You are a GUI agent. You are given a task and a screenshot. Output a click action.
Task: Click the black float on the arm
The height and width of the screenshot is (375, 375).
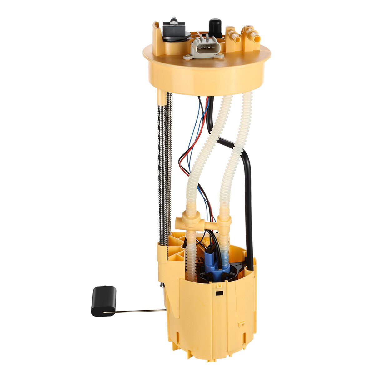pos(103,301)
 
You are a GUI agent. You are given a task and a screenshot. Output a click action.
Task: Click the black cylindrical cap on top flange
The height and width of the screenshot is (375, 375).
pos(215,27)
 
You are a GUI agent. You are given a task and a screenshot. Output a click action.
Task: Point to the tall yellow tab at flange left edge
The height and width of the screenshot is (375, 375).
pos(157,34)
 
